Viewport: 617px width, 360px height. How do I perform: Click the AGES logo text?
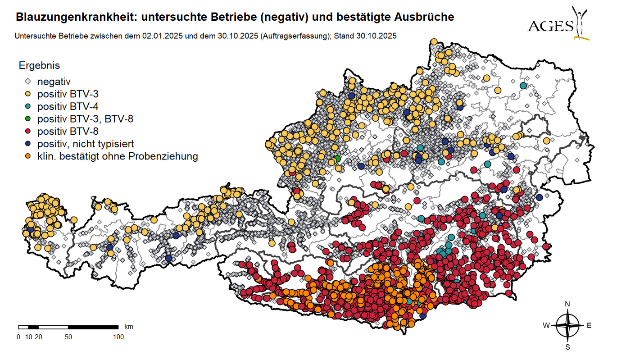click(550, 26)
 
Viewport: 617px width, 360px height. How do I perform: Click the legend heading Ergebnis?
click(39, 65)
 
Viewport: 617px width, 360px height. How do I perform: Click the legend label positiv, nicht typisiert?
click(86, 144)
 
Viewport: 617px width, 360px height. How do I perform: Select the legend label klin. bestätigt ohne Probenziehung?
click(118, 156)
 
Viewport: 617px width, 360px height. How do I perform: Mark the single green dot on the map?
click(337, 159)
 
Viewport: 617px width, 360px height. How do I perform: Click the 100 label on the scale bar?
click(118, 337)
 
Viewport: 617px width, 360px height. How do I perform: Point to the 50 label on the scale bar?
click(68, 337)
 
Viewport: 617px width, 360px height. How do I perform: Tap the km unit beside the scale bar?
click(128, 326)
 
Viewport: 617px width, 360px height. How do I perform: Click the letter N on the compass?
click(567, 304)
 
